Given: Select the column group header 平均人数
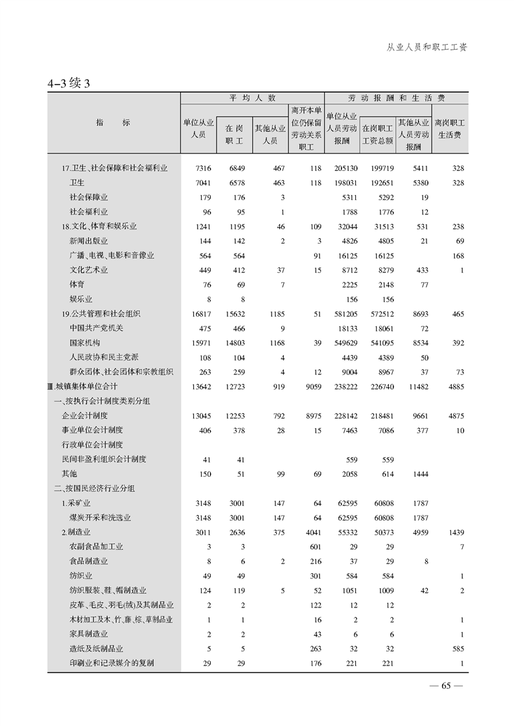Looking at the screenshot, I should click(252, 98).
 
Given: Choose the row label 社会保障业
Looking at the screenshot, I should click(89, 197).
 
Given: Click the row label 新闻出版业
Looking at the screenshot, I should click(89, 241).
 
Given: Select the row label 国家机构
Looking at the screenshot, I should click(85, 343).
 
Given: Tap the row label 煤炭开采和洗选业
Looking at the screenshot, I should click(100, 517).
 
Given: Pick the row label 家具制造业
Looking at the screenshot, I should click(89, 633).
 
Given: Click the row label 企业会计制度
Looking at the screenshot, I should click(84, 415).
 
